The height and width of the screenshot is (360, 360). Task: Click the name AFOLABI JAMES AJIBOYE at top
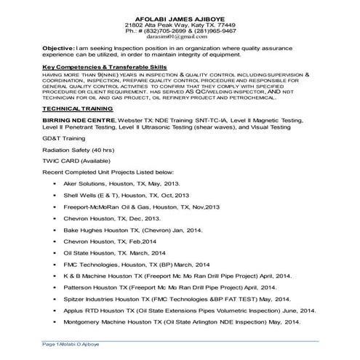point(180,17)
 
